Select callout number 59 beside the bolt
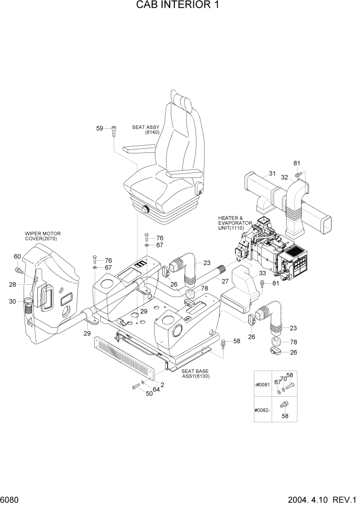tap(100, 128)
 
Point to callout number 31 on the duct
tap(272, 174)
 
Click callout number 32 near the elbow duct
tap(284, 178)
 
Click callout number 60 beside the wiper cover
tap(17, 257)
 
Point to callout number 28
tap(12, 285)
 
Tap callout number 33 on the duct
tap(248, 273)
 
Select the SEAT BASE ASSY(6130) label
tap(195, 374)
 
